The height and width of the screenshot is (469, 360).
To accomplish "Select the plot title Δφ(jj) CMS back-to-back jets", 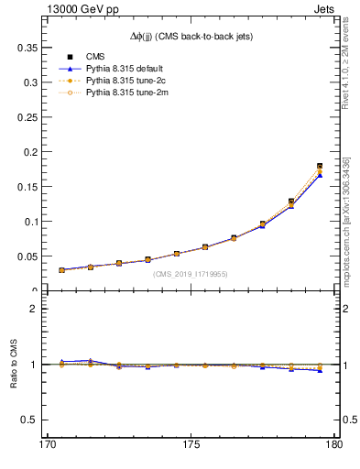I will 193,35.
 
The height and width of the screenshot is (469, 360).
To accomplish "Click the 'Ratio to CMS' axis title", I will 14,365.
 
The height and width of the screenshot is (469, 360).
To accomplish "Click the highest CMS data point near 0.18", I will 320,166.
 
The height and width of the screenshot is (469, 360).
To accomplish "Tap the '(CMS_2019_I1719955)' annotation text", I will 191,273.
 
